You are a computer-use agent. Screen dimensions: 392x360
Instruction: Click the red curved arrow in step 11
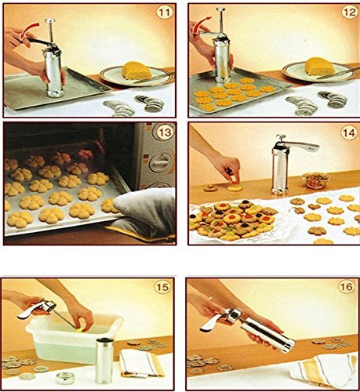(x=35, y=32)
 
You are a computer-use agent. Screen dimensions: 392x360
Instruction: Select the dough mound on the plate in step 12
(x=320, y=67)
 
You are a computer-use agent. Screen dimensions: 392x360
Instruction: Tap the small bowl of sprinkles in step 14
(x=316, y=180)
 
